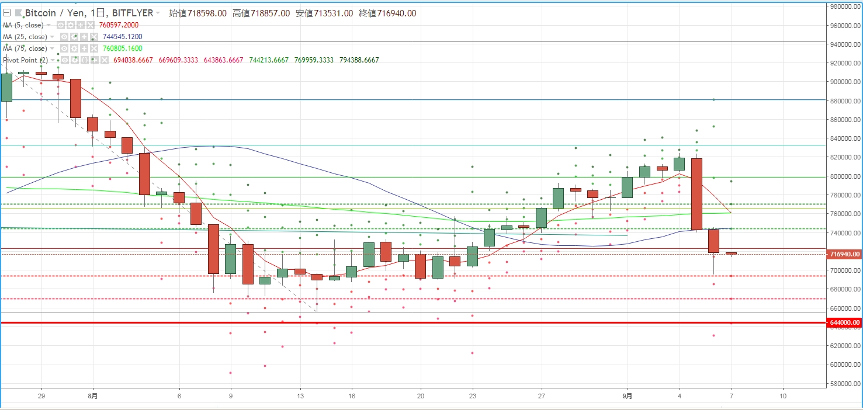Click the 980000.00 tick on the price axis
click(x=845, y=6)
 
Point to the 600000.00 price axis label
click(x=845, y=364)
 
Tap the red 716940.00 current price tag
click(x=845, y=254)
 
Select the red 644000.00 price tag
click(x=845, y=322)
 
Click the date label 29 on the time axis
click(x=41, y=395)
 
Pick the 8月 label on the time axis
click(x=93, y=395)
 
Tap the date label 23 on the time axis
click(x=472, y=395)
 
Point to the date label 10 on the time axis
click(x=783, y=395)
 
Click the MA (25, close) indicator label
click(x=25, y=37)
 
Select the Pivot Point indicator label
click(x=25, y=60)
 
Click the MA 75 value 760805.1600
click(x=123, y=48)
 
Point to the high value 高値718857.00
click(x=261, y=13)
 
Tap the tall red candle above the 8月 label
click(x=76, y=99)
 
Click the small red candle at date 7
click(x=731, y=253)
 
